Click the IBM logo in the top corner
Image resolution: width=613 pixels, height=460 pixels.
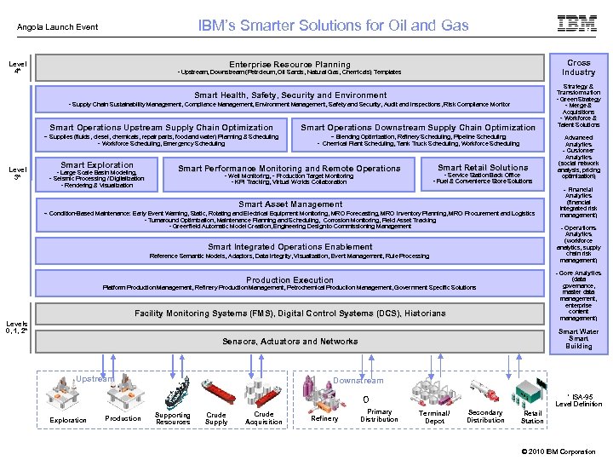(x=576, y=24)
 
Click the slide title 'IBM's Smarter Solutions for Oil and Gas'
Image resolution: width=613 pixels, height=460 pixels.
(x=333, y=26)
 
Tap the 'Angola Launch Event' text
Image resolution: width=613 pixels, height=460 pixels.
(x=58, y=27)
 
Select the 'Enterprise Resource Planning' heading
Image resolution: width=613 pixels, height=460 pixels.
(x=289, y=65)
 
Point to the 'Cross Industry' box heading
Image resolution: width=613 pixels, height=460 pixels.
(x=578, y=67)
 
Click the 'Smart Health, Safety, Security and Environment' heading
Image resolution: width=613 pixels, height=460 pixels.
(x=290, y=95)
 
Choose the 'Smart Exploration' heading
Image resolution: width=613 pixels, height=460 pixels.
(x=97, y=165)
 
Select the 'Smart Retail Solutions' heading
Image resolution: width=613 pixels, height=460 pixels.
(x=483, y=168)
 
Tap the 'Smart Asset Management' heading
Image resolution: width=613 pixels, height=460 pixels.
(x=290, y=204)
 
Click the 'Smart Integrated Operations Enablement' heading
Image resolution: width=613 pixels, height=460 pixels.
(x=290, y=247)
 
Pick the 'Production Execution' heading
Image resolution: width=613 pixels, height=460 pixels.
(x=290, y=279)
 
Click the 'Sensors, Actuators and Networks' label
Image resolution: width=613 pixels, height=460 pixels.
(x=290, y=342)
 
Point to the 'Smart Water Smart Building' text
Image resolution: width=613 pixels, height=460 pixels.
(x=578, y=339)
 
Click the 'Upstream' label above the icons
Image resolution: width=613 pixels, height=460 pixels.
(x=94, y=379)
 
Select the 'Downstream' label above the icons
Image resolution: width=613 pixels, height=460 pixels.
(x=358, y=381)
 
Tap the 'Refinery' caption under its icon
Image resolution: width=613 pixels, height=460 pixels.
(x=324, y=418)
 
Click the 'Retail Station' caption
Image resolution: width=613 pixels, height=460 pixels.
(x=532, y=417)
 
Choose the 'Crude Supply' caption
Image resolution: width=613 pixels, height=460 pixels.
(x=216, y=418)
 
